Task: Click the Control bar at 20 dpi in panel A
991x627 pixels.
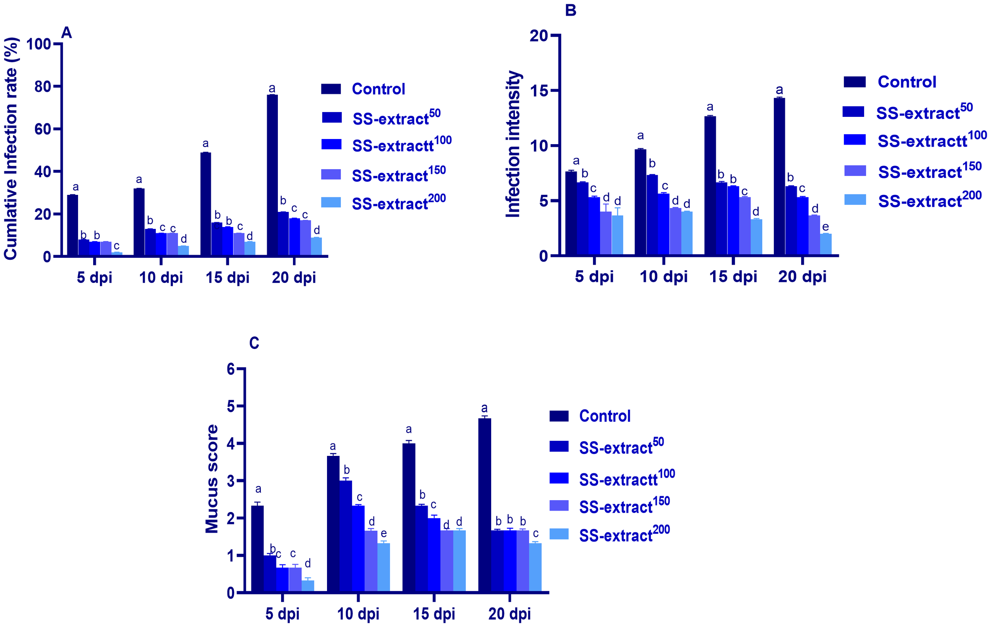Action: pos(272,175)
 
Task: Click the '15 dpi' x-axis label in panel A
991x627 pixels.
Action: pos(227,278)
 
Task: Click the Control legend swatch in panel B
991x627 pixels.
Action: pos(854,82)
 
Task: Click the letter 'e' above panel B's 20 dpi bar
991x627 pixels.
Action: pos(825,227)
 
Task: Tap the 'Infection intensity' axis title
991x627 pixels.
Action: pos(513,144)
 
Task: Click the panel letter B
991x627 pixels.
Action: pos(570,10)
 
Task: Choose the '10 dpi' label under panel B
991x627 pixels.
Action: pos(664,277)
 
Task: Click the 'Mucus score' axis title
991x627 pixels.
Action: pos(212,479)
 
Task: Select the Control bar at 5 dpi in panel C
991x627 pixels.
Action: pos(257,549)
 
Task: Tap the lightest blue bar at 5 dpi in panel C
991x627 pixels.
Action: pos(308,586)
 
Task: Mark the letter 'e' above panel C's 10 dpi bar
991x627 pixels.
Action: pos(384,534)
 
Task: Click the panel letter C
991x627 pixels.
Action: pos(254,343)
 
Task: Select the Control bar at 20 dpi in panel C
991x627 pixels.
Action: pos(484,505)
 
